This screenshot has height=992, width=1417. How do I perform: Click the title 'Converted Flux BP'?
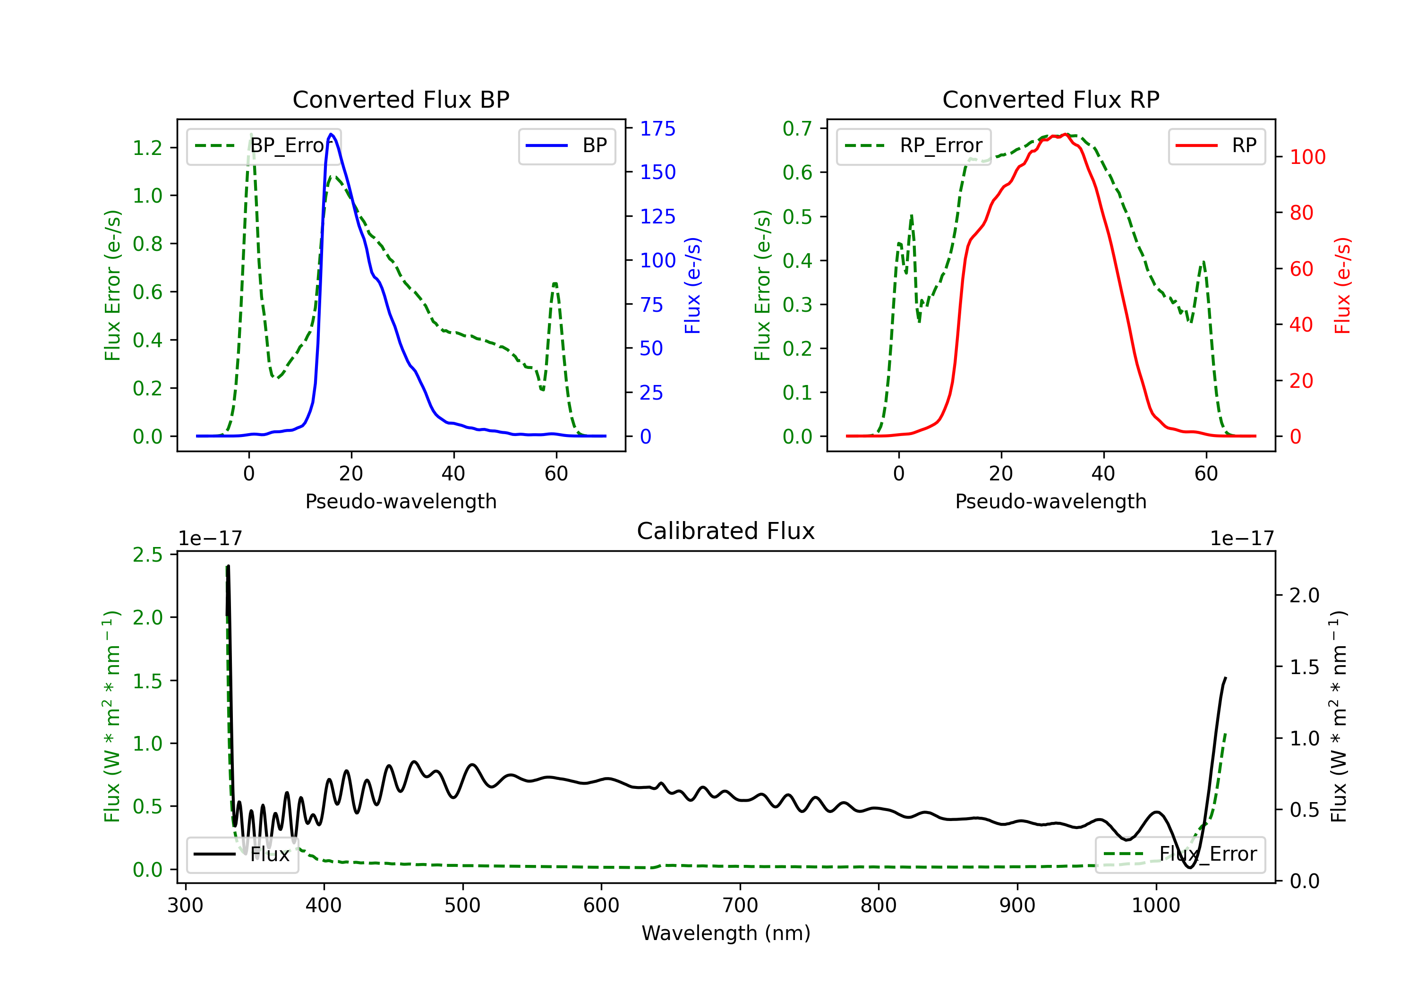pos(401,99)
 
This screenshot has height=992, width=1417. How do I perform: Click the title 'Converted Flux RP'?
pos(1050,99)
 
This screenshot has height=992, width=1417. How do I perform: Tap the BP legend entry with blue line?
pos(566,145)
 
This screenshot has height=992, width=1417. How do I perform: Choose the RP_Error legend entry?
pos(913,145)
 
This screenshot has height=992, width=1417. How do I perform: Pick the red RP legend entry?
pos(1216,145)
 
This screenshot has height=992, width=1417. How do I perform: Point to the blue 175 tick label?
pos(657,128)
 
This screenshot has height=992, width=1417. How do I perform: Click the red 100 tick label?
pos(1307,157)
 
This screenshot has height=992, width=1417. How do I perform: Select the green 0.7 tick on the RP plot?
pos(797,128)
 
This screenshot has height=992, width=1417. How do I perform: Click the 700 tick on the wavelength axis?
pos(740,906)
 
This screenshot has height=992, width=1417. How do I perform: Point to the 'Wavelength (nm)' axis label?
pos(726,933)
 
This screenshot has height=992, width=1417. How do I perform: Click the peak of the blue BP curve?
pos(332,134)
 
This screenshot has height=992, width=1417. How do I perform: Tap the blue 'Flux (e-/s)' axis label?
pos(692,286)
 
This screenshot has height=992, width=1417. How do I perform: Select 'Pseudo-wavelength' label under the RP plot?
pos(1050,501)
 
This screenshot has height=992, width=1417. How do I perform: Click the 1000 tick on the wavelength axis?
pos(1155,906)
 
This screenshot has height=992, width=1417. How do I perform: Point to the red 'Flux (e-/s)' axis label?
pos(1342,286)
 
